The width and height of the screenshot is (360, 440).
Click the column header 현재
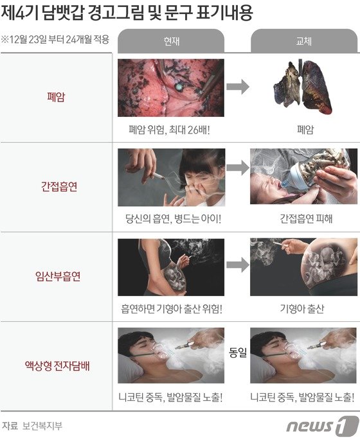click(171, 42)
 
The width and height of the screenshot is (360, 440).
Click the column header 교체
click(304, 42)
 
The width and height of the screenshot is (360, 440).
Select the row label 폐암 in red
click(56, 97)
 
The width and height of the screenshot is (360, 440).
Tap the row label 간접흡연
click(59, 186)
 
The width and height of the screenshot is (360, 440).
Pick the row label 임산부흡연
click(58, 276)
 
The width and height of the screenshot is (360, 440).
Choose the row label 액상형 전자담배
click(57, 366)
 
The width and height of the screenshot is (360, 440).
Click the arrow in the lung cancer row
click(238, 87)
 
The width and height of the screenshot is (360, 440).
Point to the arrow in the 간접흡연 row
click(238, 168)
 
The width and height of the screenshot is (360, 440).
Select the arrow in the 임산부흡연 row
click(238, 265)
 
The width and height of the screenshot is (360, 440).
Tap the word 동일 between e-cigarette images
click(238, 353)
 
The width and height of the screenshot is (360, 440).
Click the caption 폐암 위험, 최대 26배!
click(169, 130)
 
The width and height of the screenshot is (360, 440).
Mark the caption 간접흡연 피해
click(306, 218)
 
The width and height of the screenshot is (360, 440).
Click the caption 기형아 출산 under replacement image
click(302, 309)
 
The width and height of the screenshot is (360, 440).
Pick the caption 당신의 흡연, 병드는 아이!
click(173, 219)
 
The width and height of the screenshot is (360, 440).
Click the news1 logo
click(322, 425)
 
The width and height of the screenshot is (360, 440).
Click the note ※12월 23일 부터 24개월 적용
click(55, 39)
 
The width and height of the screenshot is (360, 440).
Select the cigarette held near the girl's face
click(158, 176)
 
